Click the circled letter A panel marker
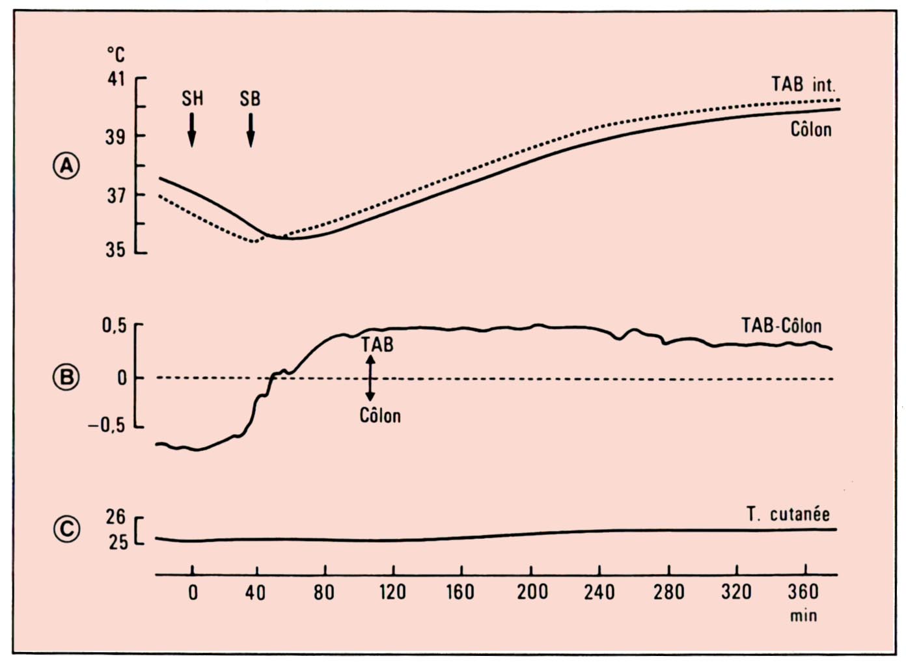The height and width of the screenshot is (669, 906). pyautogui.click(x=66, y=166)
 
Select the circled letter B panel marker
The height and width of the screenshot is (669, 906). pyautogui.click(x=66, y=377)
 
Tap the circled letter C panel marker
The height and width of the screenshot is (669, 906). pyautogui.click(x=66, y=528)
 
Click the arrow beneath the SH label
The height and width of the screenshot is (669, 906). pyautogui.click(x=192, y=130)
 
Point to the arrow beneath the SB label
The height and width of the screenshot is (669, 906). pyautogui.click(x=251, y=130)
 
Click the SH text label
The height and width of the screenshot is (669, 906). pyautogui.click(x=192, y=99)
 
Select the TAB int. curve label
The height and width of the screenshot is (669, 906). pyautogui.click(x=803, y=85)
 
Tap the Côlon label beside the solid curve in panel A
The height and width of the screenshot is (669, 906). pyautogui.click(x=811, y=130)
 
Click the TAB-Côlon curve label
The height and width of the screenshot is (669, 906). pyautogui.click(x=781, y=325)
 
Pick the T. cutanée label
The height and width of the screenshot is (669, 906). pyautogui.click(x=788, y=515)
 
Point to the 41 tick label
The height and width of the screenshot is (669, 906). pyautogui.click(x=116, y=79)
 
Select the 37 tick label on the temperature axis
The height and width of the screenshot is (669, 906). pyautogui.click(x=116, y=195)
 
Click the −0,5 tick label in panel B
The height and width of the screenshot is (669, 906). pyautogui.click(x=107, y=426)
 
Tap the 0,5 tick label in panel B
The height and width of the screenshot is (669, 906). pyautogui.click(x=114, y=325)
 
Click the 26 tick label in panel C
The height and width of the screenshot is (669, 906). pyautogui.click(x=116, y=517)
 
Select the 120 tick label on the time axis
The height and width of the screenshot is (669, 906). pyautogui.click(x=392, y=592)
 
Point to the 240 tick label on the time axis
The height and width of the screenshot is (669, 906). pyautogui.click(x=599, y=592)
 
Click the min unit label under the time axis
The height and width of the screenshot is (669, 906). pyautogui.click(x=803, y=616)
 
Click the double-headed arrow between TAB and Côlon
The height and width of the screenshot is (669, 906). pyautogui.click(x=370, y=378)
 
